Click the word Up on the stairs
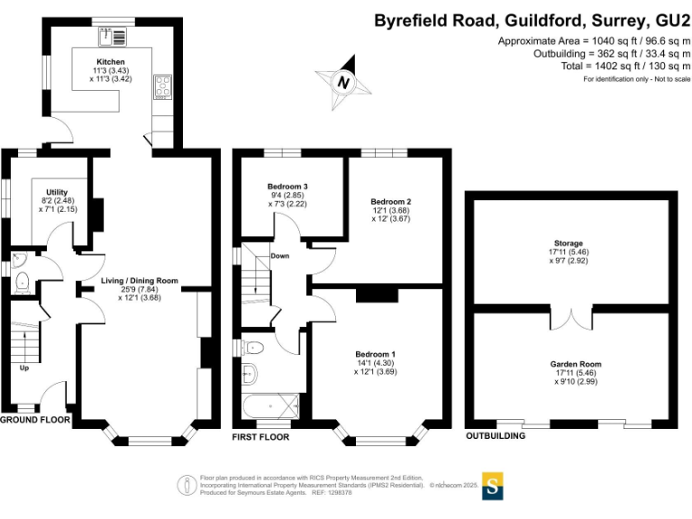tap(25, 368)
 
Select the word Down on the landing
tap(280, 256)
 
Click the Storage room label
tap(569, 243)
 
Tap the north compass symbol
tap(343, 82)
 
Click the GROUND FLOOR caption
tap(35, 420)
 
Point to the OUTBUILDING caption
tap(496, 436)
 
